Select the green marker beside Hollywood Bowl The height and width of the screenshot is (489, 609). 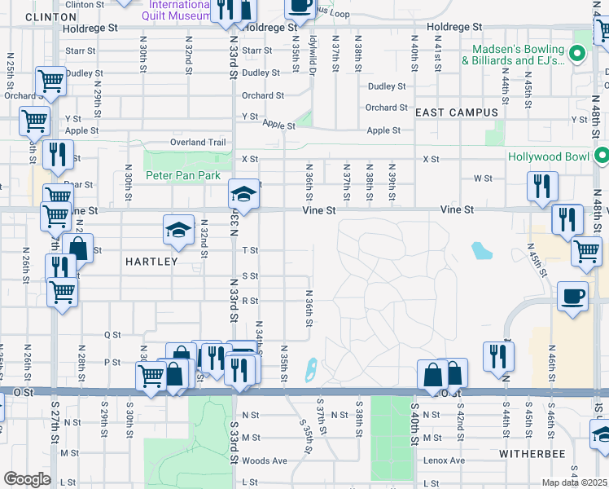(x=602, y=156)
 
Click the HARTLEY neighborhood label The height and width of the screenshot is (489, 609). (x=151, y=262)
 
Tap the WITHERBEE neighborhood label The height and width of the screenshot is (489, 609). (x=527, y=450)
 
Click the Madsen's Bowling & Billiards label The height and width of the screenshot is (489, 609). (x=514, y=55)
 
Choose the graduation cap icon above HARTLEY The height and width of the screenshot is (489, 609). (x=178, y=231)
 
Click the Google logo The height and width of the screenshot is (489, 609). (x=26, y=479)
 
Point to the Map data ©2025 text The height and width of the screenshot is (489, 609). (x=575, y=482)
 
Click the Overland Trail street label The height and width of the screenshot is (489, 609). (x=198, y=143)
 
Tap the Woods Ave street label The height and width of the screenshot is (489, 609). (x=265, y=460)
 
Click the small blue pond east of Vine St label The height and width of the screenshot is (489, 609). (x=482, y=250)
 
